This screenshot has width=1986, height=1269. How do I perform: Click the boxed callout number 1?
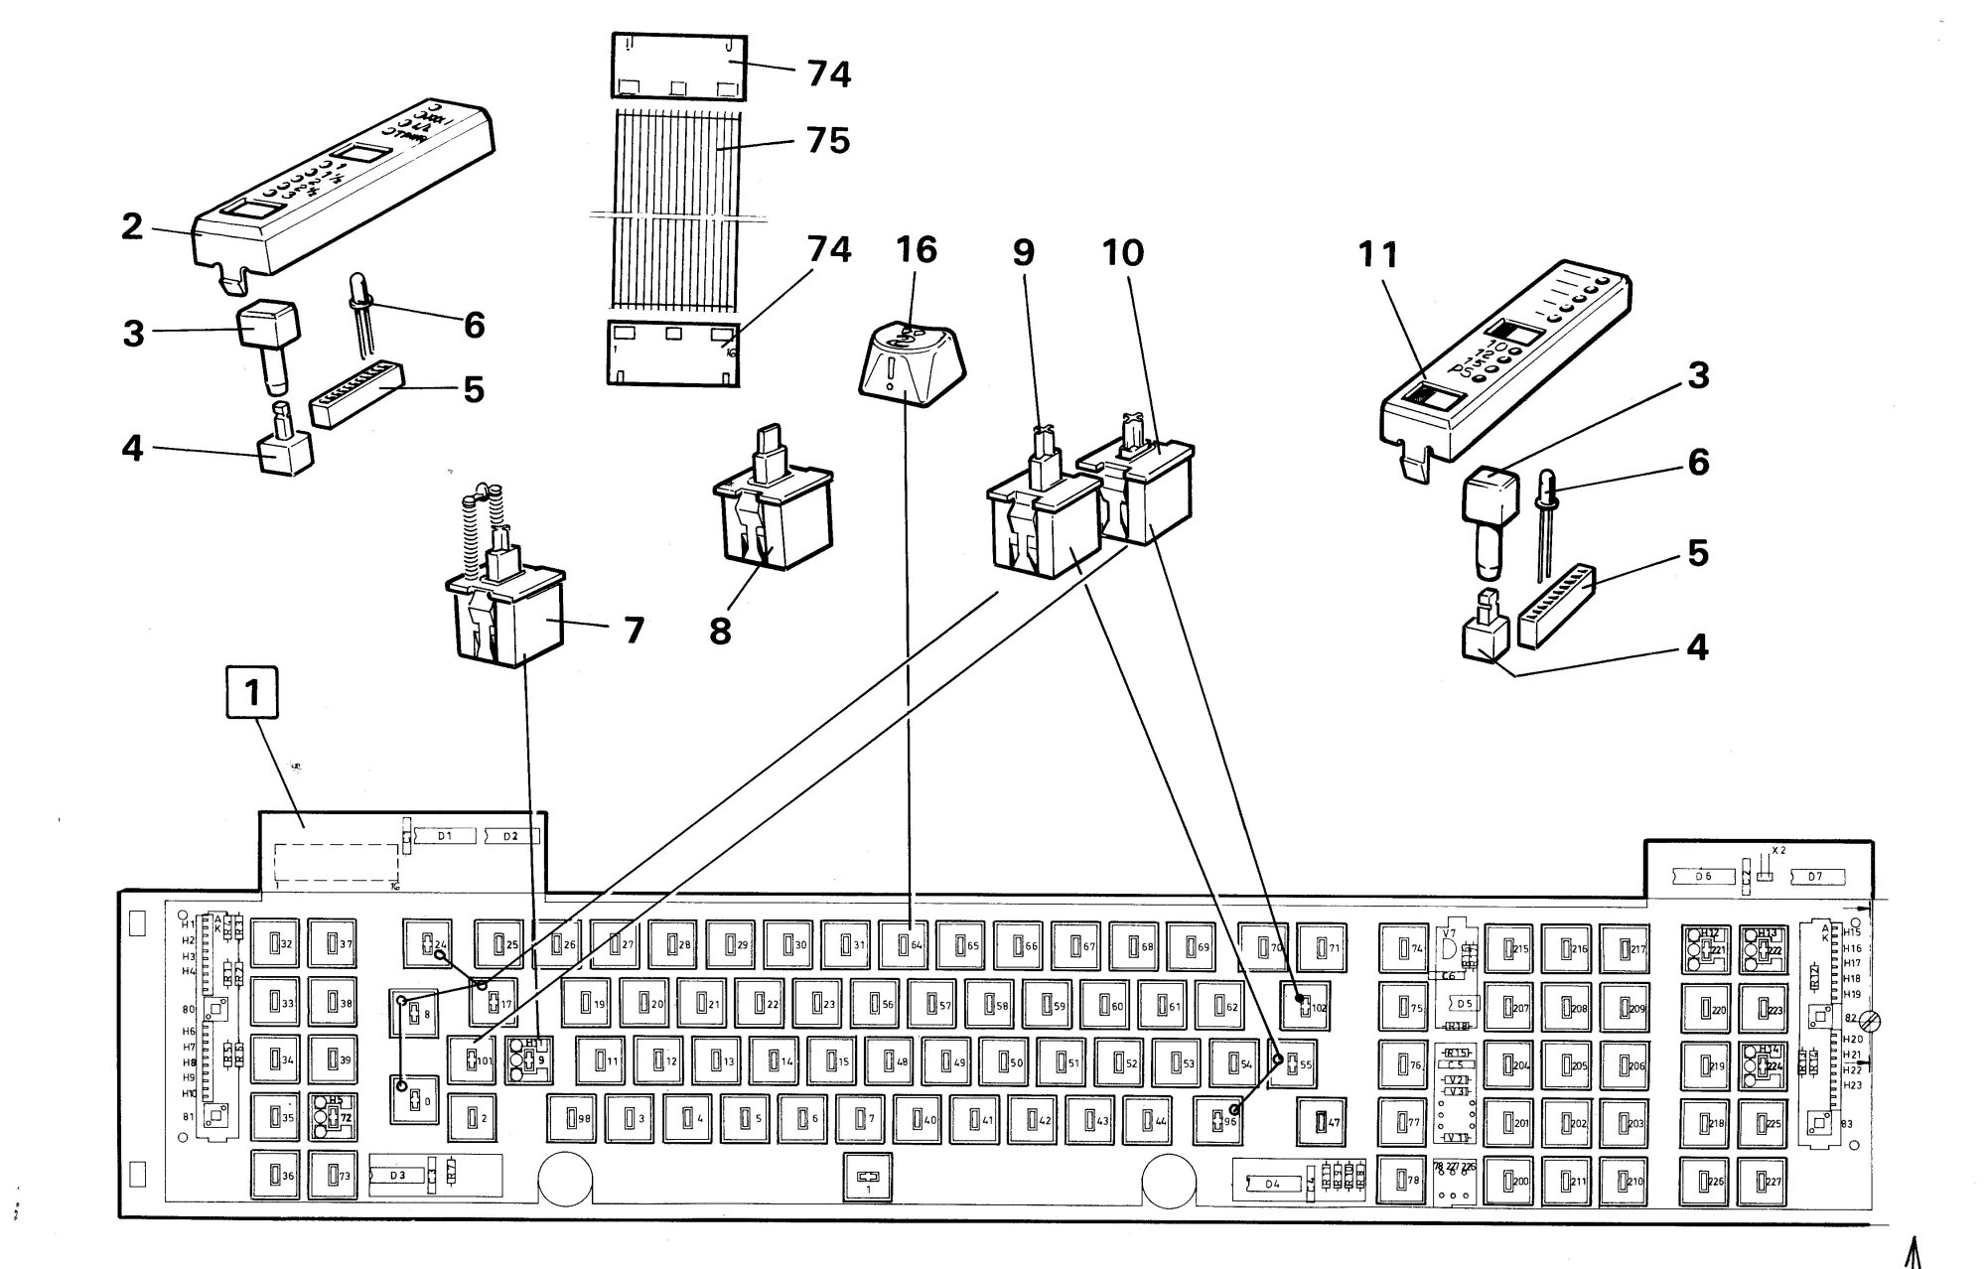pos(252,693)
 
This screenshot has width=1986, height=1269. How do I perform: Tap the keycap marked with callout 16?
pos(907,365)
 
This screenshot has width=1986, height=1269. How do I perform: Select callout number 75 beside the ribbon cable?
pos(828,140)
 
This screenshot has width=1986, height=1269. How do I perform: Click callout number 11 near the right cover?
pos(1377,256)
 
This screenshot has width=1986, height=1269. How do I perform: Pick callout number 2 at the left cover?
pos(132,226)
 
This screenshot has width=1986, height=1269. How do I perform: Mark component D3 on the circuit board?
pos(397,1176)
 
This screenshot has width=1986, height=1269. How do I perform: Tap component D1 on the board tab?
pos(445,836)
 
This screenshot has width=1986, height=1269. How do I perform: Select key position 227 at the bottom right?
pos(1764,1182)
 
